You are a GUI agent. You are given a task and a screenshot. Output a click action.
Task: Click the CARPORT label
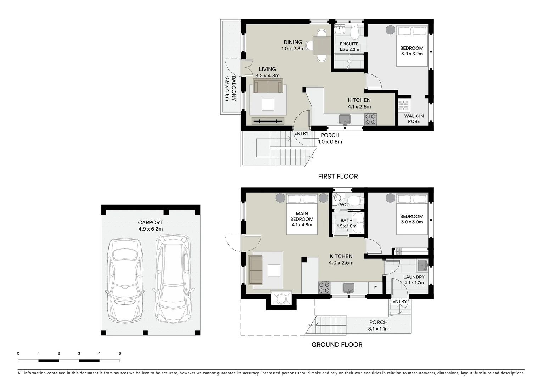point(150,223)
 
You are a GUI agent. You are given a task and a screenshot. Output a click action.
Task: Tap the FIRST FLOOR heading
point(338,176)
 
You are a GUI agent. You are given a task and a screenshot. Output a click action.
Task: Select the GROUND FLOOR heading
point(337,344)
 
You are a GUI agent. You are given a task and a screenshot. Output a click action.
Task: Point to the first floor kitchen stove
point(371,119)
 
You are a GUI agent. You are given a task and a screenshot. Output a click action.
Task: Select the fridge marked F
point(375,288)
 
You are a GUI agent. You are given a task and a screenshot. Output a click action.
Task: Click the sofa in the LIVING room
point(268,86)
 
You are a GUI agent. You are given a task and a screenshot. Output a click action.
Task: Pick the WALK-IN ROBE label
point(414,119)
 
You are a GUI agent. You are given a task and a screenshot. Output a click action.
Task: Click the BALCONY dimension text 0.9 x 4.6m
point(227,89)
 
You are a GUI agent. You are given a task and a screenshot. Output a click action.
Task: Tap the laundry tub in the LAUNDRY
point(422,265)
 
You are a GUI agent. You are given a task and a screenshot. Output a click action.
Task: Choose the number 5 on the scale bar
point(120,353)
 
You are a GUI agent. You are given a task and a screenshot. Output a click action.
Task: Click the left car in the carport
point(125,280)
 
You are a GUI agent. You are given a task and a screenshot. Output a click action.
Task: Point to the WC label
point(343,205)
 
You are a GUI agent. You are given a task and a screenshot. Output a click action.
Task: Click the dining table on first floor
point(322,45)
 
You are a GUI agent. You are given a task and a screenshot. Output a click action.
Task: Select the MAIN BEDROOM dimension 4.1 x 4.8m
point(302,224)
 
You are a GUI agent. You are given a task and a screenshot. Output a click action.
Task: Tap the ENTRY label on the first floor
point(301,133)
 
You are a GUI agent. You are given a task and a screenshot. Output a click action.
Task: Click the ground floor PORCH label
point(378,322)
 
